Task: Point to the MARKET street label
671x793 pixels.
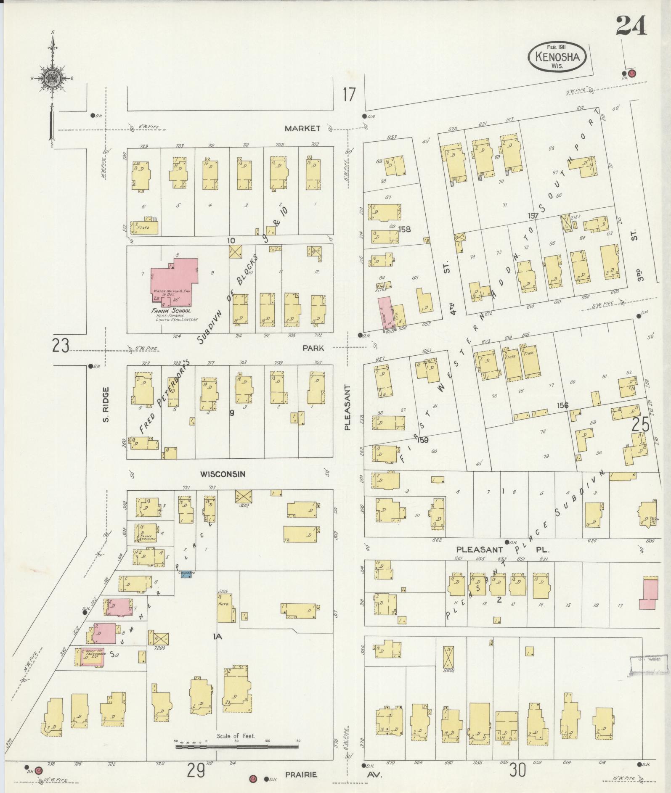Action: click(302, 129)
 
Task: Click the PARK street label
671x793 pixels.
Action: click(313, 348)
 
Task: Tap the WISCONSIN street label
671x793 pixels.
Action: click(223, 474)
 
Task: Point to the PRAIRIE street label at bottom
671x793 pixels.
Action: click(301, 774)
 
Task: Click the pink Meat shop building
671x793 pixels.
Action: click(385, 312)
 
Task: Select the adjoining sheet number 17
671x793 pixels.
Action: click(349, 95)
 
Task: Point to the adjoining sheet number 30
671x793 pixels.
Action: click(518, 770)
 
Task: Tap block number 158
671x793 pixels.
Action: click(406, 230)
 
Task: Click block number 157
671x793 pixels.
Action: click(533, 216)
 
